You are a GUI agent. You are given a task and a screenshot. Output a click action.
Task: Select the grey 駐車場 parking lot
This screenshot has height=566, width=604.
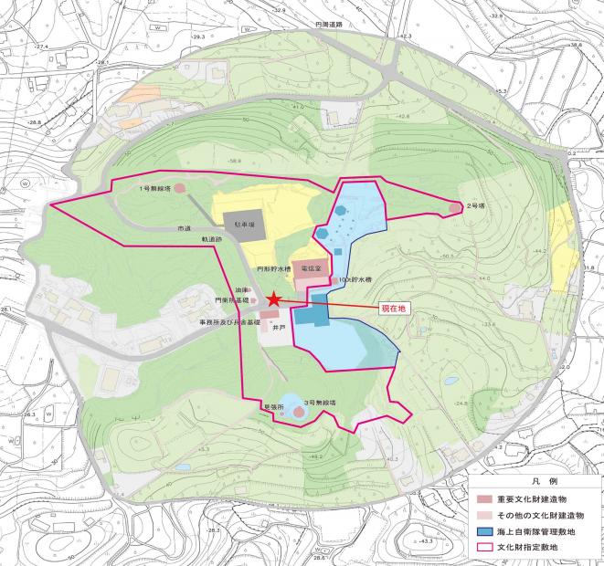(x=242, y=222)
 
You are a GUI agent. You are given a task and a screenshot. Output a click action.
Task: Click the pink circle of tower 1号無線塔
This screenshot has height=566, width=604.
(x=180, y=188)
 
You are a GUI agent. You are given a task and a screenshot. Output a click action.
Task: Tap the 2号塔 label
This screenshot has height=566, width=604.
(x=474, y=206)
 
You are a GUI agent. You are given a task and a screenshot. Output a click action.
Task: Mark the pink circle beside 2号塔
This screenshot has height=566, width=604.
(x=454, y=209)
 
